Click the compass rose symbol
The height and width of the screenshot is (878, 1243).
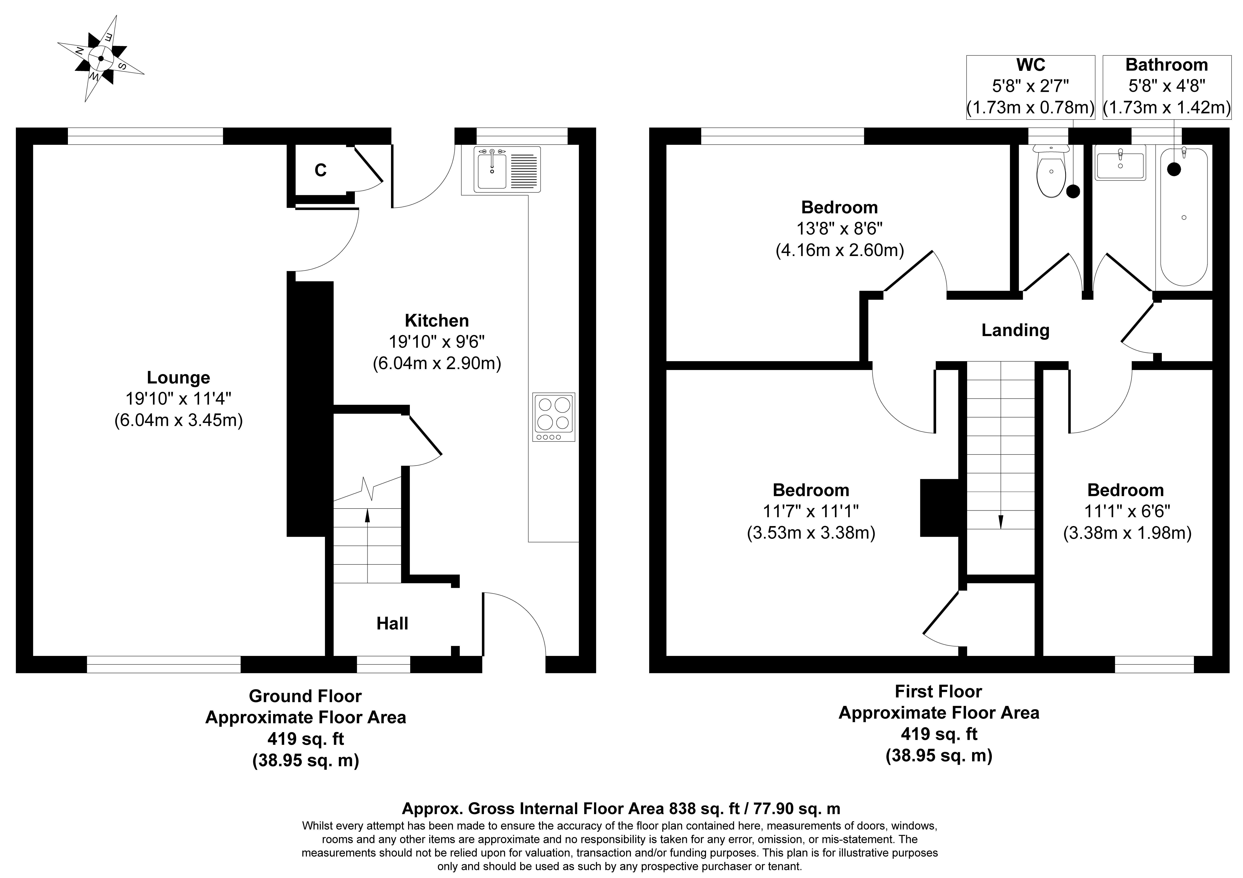tap(101, 58)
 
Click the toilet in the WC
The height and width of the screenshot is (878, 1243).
tap(1050, 170)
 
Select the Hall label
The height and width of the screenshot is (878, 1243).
tap(392, 624)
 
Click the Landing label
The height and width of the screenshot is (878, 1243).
tap(1016, 330)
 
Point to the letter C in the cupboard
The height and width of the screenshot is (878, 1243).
tap(321, 170)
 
